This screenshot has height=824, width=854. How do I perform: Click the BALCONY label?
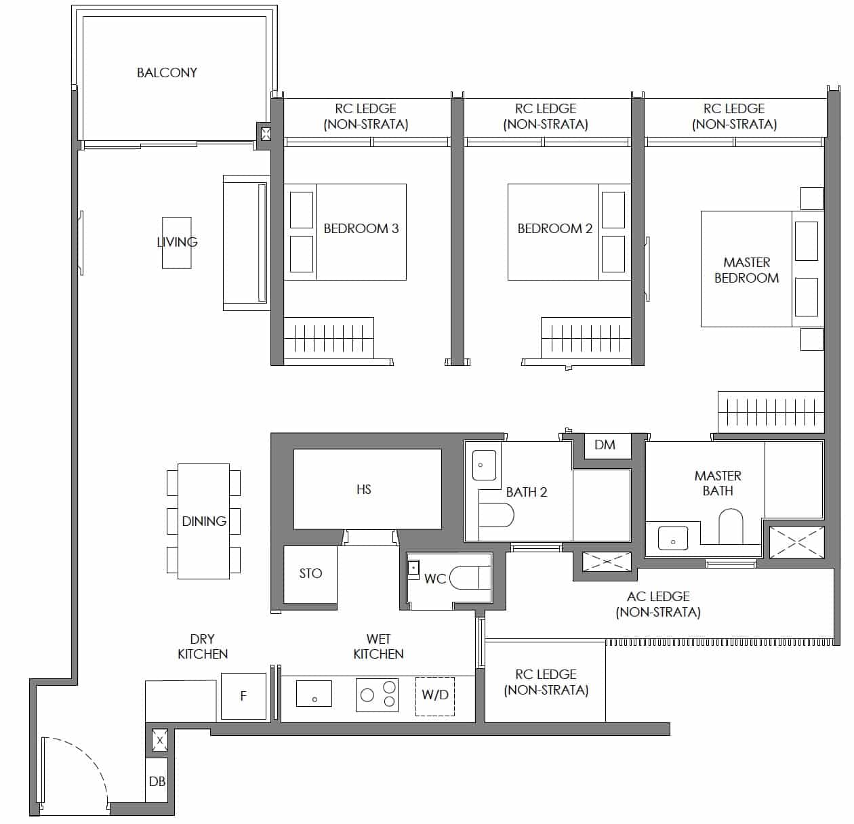[167, 73]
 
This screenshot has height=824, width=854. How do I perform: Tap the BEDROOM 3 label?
[361, 228]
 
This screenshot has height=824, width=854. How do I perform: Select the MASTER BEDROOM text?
[746, 270]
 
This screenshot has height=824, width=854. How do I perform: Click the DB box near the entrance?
[157, 781]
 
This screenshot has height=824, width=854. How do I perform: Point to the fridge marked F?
[243, 696]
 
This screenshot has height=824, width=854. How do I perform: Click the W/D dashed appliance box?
[435, 697]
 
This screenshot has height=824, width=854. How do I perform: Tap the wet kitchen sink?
[314, 693]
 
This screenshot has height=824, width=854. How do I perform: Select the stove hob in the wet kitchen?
[377, 695]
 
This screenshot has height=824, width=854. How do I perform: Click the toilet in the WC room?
[470, 577]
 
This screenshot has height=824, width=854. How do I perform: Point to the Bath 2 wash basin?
[484, 465]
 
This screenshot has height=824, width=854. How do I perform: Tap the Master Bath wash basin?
[673, 538]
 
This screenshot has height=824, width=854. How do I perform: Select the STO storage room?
[310, 575]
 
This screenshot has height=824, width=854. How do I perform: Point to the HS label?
[364, 490]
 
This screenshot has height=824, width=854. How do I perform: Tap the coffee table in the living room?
[177, 243]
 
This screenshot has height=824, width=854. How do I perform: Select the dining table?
[203, 521]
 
